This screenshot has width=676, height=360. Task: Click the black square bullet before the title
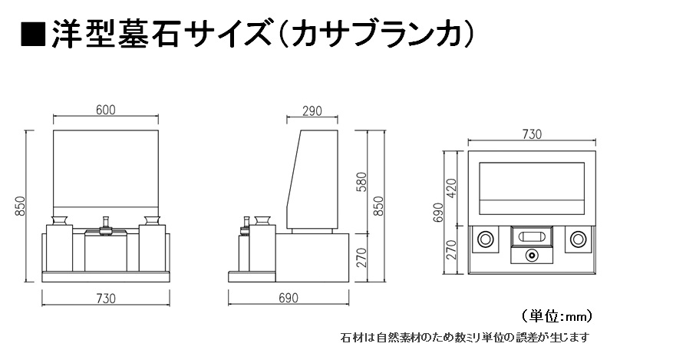[33, 33]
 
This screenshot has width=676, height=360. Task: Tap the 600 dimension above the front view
[106, 110]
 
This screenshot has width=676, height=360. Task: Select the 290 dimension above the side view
[312, 111]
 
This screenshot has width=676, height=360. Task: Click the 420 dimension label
[451, 188]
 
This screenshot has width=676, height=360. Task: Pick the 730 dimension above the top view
[532, 134]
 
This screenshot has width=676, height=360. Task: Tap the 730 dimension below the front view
[106, 299]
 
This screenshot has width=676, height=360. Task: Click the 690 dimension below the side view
[288, 298]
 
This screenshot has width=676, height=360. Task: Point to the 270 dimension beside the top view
[451, 249]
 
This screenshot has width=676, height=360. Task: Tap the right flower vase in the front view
[152, 220]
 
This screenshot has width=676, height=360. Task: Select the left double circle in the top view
[486, 239]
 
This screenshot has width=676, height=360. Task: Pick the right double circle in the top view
[578, 239]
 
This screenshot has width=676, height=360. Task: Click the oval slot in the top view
[532, 236]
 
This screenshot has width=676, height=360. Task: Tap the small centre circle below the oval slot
[532, 256]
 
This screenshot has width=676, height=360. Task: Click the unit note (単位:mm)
[556, 317]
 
